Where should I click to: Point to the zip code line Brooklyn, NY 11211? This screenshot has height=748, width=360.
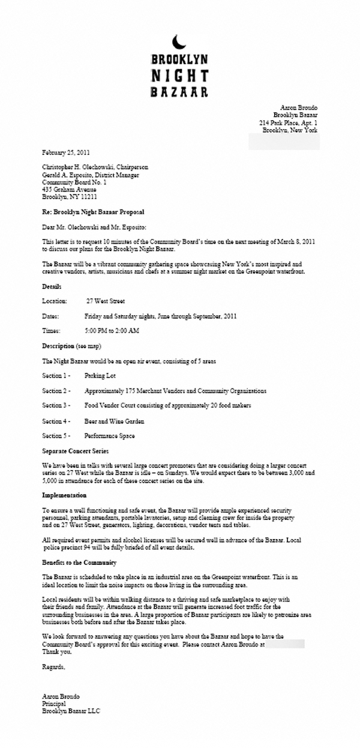tap(70, 196)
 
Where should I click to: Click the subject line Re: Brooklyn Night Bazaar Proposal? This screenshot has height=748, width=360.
tap(93, 212)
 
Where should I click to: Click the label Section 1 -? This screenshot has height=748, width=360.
tap(57, 375)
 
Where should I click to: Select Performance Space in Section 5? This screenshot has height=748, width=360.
tap(110, 436)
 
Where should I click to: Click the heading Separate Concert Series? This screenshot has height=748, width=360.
tap(76, 450)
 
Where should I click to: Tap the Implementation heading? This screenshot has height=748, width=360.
tap(64, 495)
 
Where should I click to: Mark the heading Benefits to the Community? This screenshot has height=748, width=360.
tap(79, 563)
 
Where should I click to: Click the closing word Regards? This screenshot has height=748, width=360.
tap(53, 667)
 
